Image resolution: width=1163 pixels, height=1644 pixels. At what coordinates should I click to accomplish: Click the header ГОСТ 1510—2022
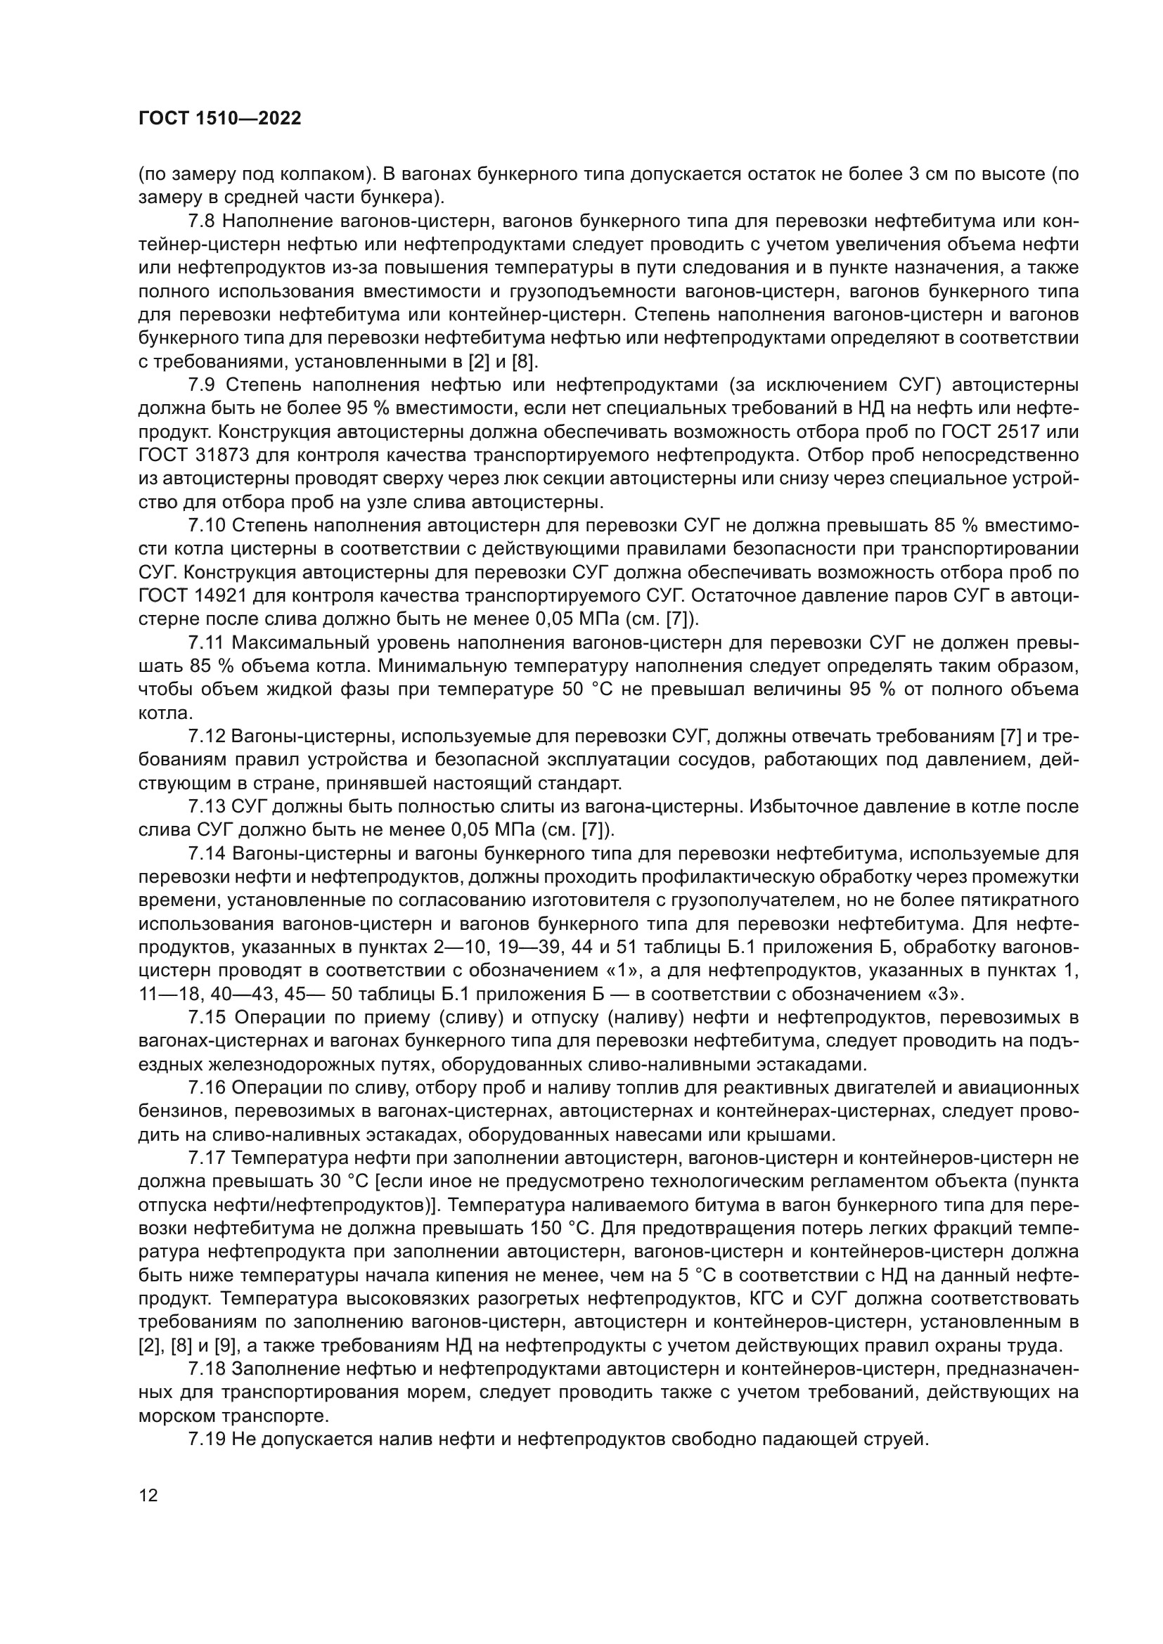click(x=219, y=119)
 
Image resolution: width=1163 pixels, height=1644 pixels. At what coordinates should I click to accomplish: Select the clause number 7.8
click(x=201, y=221)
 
